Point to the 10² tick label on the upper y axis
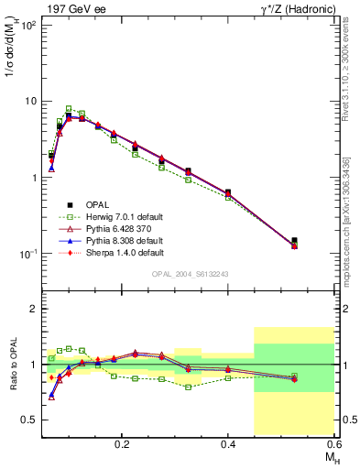click(x=27, y=25)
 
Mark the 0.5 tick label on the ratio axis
click(x=29, y=420)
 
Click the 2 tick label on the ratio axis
click(x=34, y=310)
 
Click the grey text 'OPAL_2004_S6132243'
click(x=189, y=274)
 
